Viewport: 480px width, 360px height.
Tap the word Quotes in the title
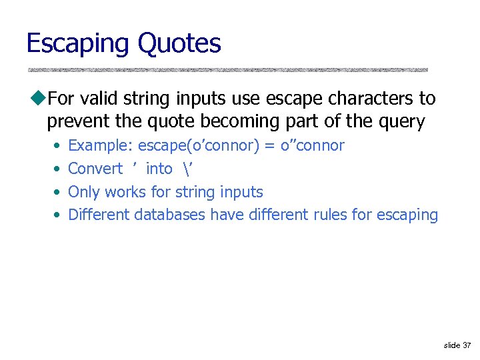pos(179,44)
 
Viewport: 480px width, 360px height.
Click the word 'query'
pos(402,121)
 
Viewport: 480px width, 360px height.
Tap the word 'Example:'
pos(101,145)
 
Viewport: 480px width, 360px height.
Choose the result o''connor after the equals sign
pos(313,145)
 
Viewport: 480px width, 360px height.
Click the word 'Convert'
pos(95,169)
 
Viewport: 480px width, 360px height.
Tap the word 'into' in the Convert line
pos(159,169)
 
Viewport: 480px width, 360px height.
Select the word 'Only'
pos(83,192)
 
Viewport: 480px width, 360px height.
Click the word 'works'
pos(125,192)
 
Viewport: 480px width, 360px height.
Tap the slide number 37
pos(466,345)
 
